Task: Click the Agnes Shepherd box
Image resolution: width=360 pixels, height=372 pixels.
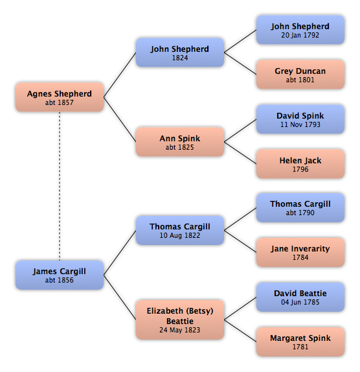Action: tap(60, 97)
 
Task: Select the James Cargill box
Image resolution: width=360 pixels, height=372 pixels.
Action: tap(60, 275)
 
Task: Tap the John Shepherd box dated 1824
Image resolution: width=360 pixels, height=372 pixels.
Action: tap(180, 52)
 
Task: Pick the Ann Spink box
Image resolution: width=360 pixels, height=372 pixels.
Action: tap(180, 142)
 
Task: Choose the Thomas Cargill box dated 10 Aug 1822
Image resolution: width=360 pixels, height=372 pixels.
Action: tap(180, 230)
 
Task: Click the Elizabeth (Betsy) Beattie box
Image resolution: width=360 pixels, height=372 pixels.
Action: tap(180, 320)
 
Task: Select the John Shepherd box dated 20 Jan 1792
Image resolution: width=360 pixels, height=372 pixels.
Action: tap(300, 30)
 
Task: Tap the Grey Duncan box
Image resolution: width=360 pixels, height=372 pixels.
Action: tap(300, 75)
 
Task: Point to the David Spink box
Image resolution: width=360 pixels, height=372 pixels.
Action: tap(300, 119)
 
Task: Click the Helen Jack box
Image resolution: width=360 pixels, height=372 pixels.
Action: tap(300, 164)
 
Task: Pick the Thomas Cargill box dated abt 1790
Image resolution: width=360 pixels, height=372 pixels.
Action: tap(300, 207)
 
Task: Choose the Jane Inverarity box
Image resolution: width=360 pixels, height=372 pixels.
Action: tap(300, 252)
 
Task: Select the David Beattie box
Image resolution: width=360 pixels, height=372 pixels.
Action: tap(300, 297)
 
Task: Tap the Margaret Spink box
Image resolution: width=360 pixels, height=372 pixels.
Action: tap(300, 342)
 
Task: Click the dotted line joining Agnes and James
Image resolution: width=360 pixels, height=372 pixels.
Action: tap(60, 186)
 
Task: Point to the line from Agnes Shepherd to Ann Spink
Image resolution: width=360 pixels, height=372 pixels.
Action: tap(120, 119)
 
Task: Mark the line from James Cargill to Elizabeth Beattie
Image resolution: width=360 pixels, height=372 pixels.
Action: tap(120, 297)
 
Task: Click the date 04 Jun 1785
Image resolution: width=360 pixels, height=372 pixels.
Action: tap(300, 302)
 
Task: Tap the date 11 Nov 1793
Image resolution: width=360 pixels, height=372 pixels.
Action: tap(300, 124)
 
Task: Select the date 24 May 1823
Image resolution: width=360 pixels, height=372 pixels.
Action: tap(180, 330)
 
